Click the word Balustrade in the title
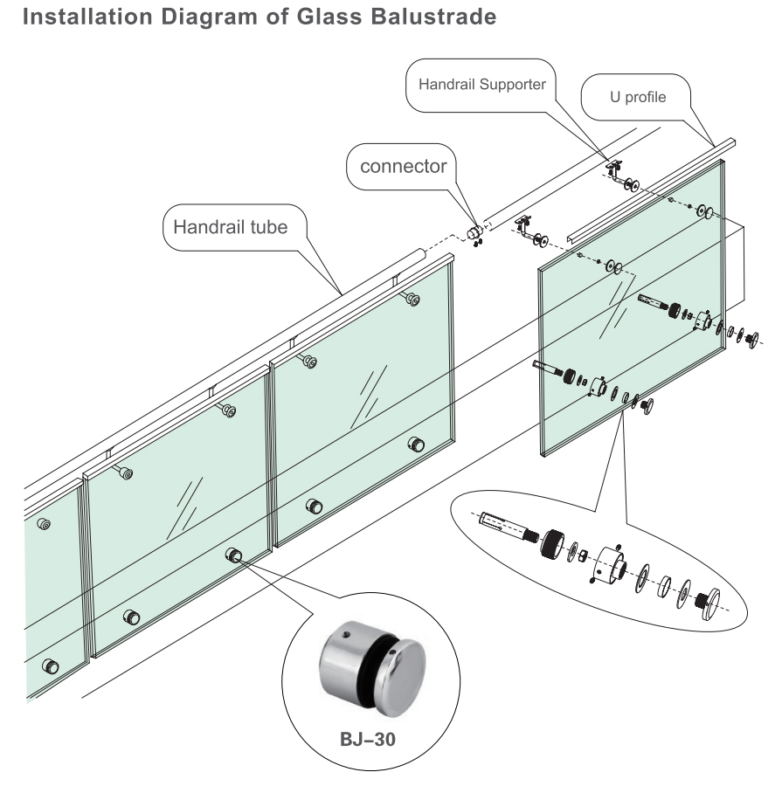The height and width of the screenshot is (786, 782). [433, 17]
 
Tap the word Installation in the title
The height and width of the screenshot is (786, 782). [87, 17]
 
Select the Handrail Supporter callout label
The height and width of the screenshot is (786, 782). [482, 84]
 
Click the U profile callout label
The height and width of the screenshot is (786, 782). [638, 97]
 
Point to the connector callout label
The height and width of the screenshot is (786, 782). [404, 166]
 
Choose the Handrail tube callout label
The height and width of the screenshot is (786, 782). [231, 227]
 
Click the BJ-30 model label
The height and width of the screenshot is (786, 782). [368, 740]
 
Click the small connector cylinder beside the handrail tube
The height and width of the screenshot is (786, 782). [474, 232]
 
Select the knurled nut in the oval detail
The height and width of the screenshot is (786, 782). [552, 544]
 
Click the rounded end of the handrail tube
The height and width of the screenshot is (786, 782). [420, 255]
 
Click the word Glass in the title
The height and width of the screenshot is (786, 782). [329, 17]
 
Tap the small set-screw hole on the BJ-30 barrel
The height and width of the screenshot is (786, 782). [346, 636]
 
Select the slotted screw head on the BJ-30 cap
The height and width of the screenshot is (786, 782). [391, 653]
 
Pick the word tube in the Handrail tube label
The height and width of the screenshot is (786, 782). [269, 227]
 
